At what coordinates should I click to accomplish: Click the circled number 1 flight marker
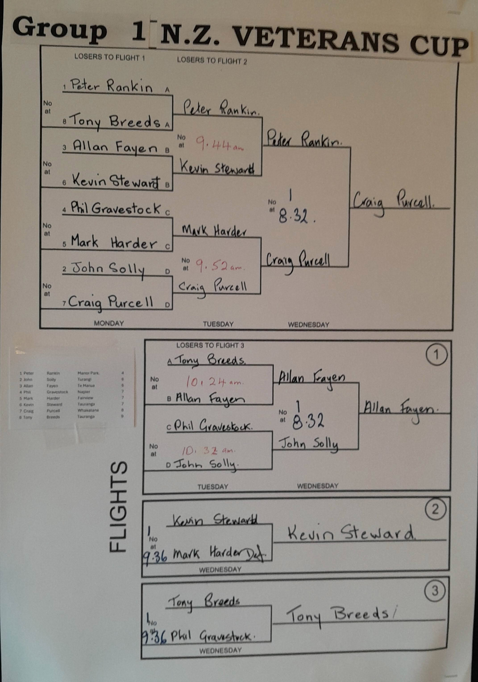(x=436, y=355)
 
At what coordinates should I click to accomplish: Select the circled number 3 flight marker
(x=435, y=591)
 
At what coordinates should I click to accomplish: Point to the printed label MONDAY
(x=109, y=323)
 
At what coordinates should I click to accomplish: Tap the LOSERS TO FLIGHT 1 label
(x=109, y=57)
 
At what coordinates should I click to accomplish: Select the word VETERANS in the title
(x=316, y=40)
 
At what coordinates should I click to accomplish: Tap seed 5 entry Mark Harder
(x=113, y=243)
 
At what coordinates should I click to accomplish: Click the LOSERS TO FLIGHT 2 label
(x=212, y=61)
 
